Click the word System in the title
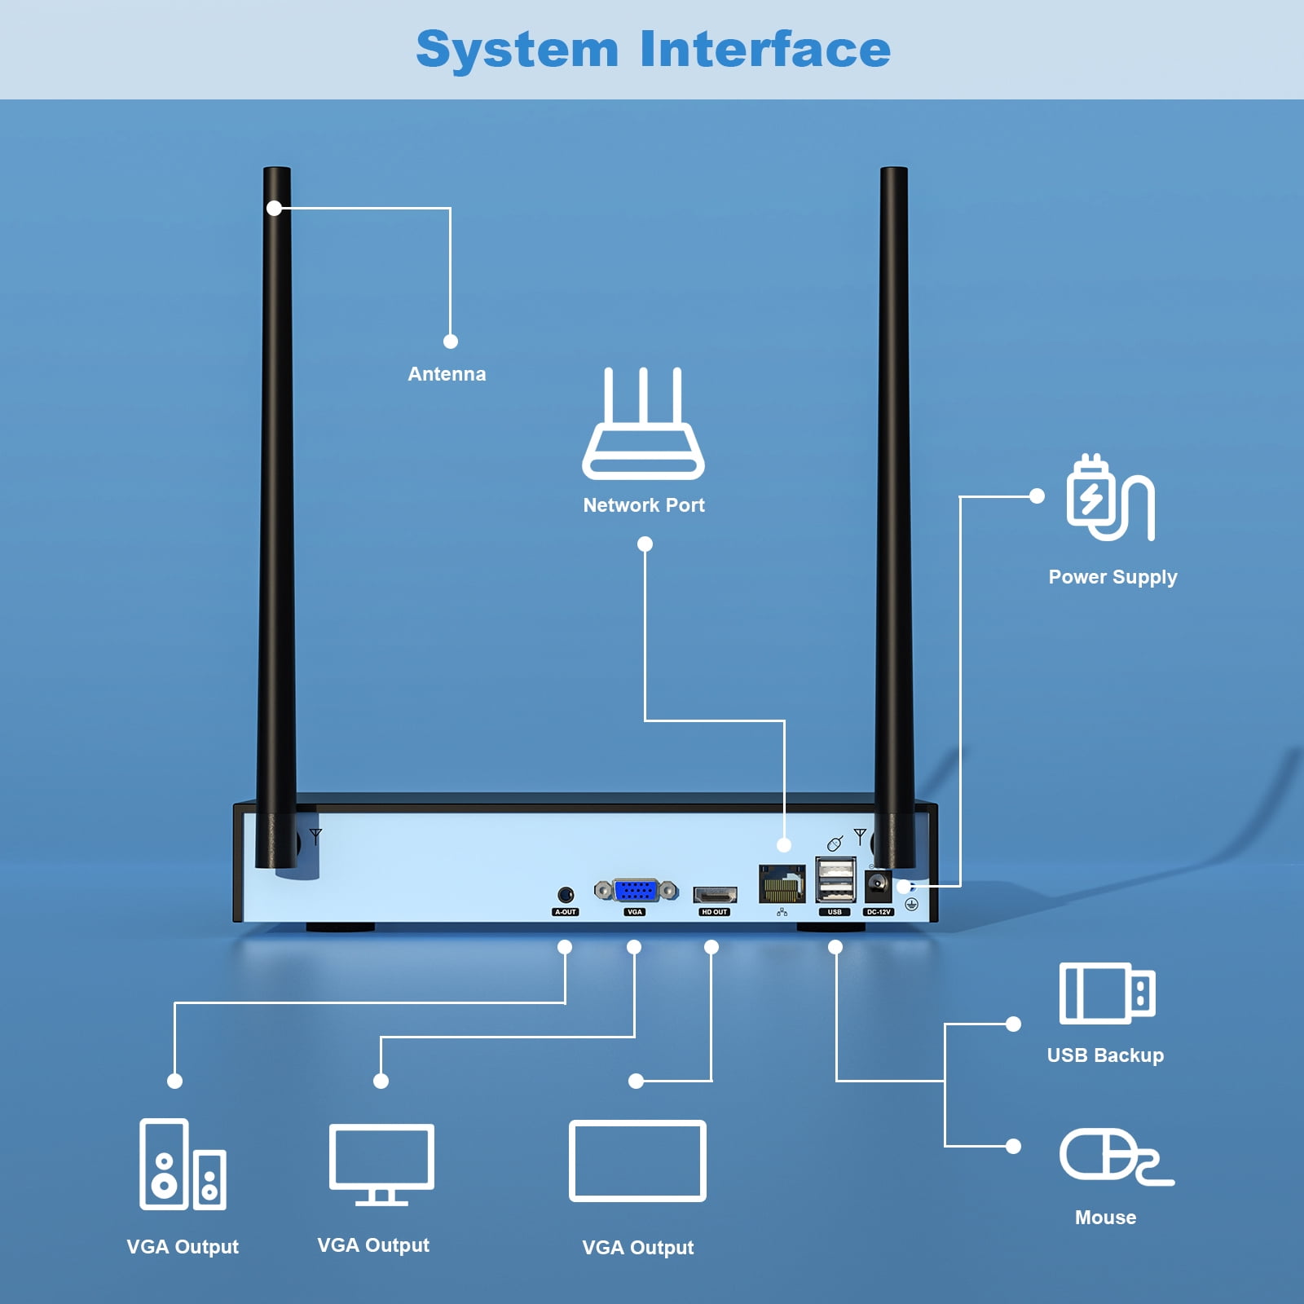coord(517,51)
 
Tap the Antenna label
coord(447,374)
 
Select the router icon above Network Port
coord(643,425)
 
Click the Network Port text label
coord(644,505)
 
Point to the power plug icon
coord(1109,498)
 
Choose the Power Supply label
coord(1112,577)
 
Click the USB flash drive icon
coord(1107,993)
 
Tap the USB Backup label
coord(1105,1055)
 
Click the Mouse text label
coord(1105,1218)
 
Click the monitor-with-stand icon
coord(381,1164)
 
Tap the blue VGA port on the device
coord(636,890)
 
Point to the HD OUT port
coord(715,894)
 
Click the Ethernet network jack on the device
coord(782,883)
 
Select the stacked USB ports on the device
coord(835,880)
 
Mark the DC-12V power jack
coord(878,884)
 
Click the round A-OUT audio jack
coord(565,895)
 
